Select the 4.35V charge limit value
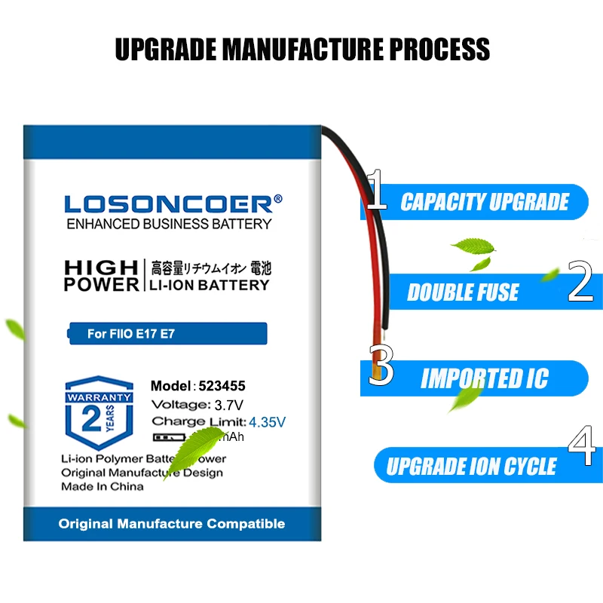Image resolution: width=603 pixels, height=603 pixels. click(x=269, y=421)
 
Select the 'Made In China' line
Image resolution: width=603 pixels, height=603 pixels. click(x=102, y=486)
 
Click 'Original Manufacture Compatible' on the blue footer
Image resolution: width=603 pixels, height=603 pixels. click(x=172, y=523)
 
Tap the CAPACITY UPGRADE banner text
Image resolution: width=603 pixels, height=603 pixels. click(x=484, y=202)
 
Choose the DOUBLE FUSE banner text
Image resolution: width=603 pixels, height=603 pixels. click(x=463, y=292)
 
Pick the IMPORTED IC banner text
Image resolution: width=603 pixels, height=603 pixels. click(x=484, y=378)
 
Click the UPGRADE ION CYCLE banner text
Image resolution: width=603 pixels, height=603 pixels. click(x=471, y=467)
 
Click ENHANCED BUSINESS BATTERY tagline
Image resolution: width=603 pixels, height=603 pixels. click(x=169, y=224)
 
